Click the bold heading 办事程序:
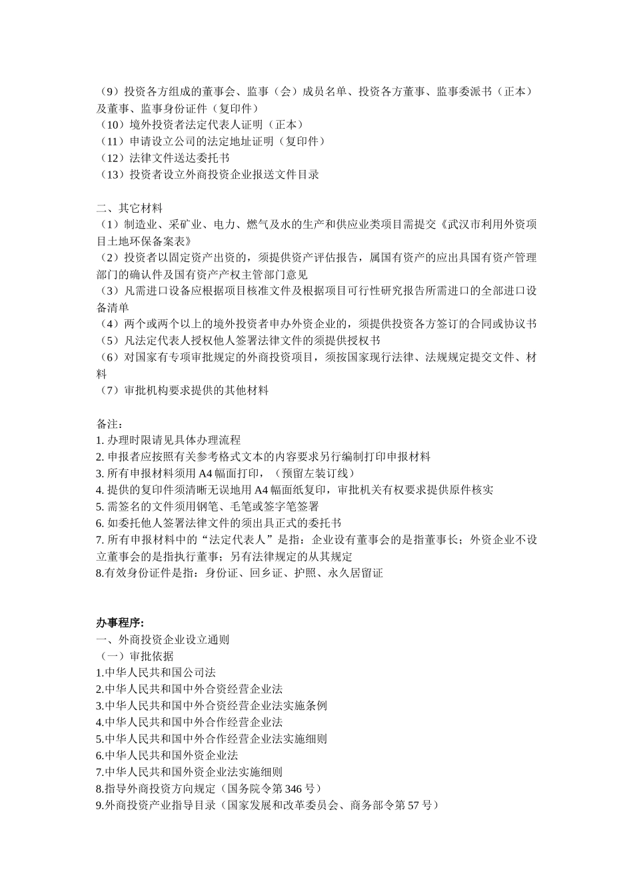click(120, 623)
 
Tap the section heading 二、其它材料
click(129, 208)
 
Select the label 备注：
click(110, 424)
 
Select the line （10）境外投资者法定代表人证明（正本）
click(199, 125)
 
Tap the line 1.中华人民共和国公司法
click(156, 673)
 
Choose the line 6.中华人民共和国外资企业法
click(167, 756)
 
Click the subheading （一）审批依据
click(135, 656)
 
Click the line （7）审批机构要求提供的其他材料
click(183, 391)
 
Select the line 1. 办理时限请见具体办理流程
click(169, 441)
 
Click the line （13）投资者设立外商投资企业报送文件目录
click(208, 175)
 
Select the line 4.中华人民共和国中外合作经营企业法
click(189, 723)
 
